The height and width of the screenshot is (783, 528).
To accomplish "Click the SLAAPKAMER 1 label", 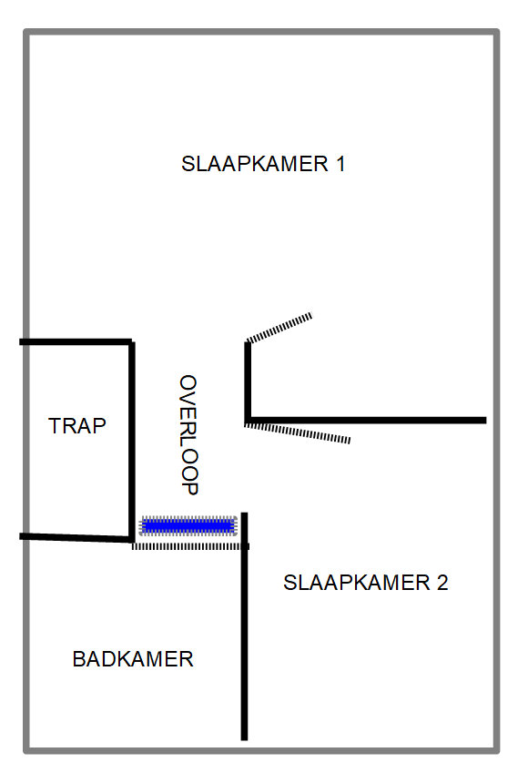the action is pyautogui.click(x=263, y=164).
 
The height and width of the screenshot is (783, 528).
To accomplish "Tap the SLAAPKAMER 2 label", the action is pyautogui.click(x=366, y=583).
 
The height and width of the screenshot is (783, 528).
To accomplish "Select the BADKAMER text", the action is pyautogui.click(x=133, y=659).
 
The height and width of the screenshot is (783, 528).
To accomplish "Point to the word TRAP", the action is pyautogui.click(x=77, y=426).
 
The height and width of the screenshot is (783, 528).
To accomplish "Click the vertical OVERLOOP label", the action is pyautogui.click(x=188, y=435).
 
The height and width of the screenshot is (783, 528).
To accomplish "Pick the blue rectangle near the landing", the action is pyautogui.click(x=188, y=526).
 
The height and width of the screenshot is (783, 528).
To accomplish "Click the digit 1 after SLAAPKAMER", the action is pyautogui.click(x=340, y=164).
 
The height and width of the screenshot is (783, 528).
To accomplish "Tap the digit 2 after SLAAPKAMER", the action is pyautogui.click(x=442, y=583).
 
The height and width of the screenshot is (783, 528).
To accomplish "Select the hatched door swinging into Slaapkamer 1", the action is pyautogui.click(x=279, y=328).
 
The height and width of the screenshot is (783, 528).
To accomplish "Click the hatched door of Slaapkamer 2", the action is pyautogui.click(x=298, y=432).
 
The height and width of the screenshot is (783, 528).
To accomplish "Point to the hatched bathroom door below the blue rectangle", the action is pyautogui.click(x=190, y=547).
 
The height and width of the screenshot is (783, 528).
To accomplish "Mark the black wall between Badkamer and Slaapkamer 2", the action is pyautogui.click(x=244, y=626).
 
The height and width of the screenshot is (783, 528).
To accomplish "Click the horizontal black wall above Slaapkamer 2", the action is pyautogui.click(x=367, y=421).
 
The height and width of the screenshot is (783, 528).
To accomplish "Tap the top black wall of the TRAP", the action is pyautogui.click(x=76, y=342).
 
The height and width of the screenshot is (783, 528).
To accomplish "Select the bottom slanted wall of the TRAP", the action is pyautogui.click(x=76, y=538).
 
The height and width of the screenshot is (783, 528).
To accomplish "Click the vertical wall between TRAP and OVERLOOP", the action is pyautogui.click(x=132, y=441).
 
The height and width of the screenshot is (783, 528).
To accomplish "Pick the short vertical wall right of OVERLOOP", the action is pyautogui.click(x=248, y=381).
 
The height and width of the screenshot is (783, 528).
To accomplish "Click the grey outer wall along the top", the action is pyautogui.click(x=261, y=32).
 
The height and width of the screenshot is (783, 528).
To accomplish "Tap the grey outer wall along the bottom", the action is pyautogui.click(x=261, y=750).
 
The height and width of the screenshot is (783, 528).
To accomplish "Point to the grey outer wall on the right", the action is pyautogui.click(x=496, y=391).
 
